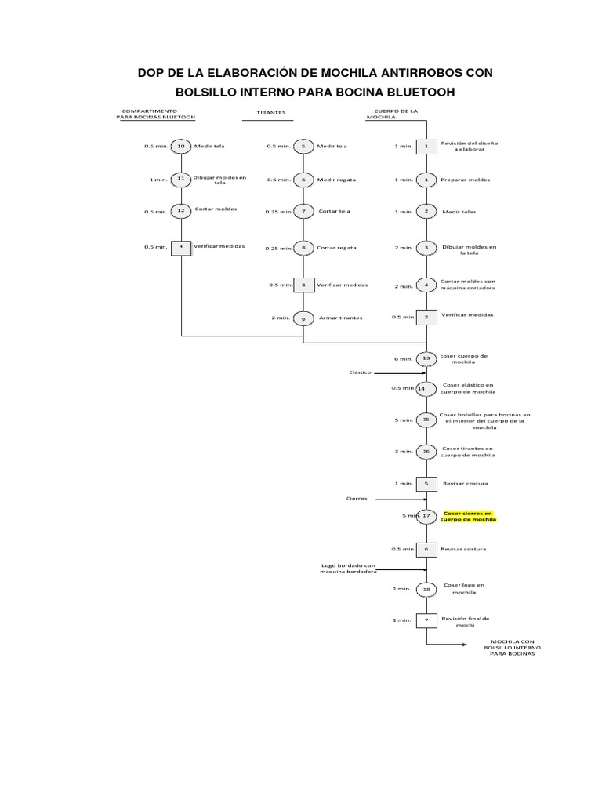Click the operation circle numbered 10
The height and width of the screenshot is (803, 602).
tap(181, 146)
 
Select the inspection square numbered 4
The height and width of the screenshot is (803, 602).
tap(181, 246)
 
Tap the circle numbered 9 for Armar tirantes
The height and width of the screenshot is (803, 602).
tap(303, 318)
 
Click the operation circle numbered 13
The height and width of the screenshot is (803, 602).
tap(426, 358)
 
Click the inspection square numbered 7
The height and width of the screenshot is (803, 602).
tap(426, 620)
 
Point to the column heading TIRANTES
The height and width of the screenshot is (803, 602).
tap(271, 113)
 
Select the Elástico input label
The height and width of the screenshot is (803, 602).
tap(360, 372)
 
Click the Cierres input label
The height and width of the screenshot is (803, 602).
tap(357, 498)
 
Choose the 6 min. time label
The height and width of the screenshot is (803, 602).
tap(403, 359)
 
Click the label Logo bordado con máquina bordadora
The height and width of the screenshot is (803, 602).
tap(349, 568)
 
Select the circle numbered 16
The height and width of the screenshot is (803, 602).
tap(426, 452)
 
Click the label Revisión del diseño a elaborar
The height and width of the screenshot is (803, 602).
tap(469, 146)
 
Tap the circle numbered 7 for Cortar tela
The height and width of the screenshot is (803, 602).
tap(303, 211)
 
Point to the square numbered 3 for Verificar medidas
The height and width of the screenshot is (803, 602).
tap(303, 285)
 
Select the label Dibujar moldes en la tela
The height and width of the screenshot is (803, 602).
tap(470, 249)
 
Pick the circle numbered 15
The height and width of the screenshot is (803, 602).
tap(426, 420)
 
